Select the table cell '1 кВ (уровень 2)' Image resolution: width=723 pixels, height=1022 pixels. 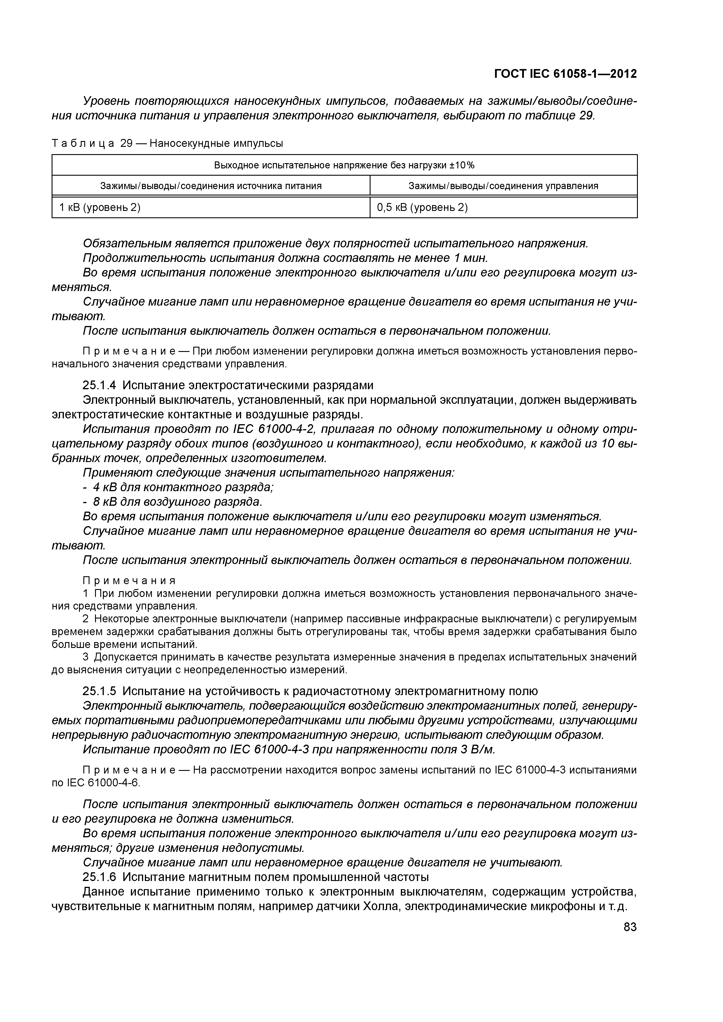(100, 207)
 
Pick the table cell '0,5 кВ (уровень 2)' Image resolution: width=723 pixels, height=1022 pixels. (422, 207)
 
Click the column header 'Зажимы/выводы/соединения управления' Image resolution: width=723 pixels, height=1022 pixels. (503, 186)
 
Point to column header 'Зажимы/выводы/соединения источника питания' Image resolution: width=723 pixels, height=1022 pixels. (211, 186)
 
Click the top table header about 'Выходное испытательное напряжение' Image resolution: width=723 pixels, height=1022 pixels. (344, 165)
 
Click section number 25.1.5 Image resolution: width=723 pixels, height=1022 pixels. (101, 691)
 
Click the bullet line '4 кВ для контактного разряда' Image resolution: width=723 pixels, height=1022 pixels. (182, 487)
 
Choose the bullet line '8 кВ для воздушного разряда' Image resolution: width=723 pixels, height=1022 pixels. (177, 502)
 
